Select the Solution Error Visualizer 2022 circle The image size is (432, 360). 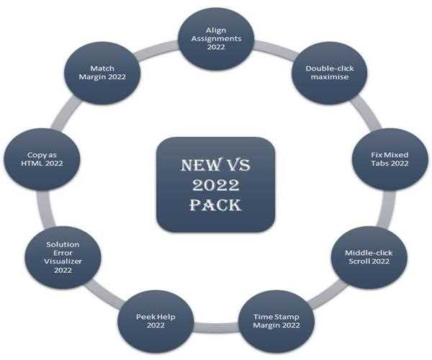(63, 258)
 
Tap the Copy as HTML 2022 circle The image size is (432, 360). (42, 159)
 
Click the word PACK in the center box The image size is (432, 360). (215, 206)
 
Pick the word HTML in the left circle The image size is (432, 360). (36, 164)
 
